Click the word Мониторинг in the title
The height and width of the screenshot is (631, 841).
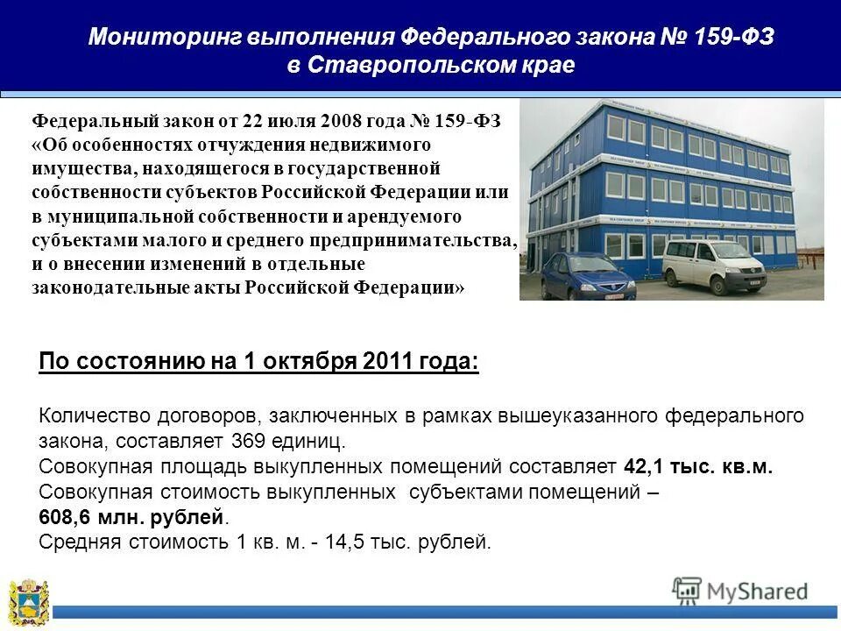(165, 38)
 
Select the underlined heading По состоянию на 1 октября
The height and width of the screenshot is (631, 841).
(259, 363)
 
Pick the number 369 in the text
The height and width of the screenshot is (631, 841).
(251, 440)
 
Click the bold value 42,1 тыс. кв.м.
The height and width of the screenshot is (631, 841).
(698, 466)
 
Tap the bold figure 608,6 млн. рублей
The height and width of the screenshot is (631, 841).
(124, 517)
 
